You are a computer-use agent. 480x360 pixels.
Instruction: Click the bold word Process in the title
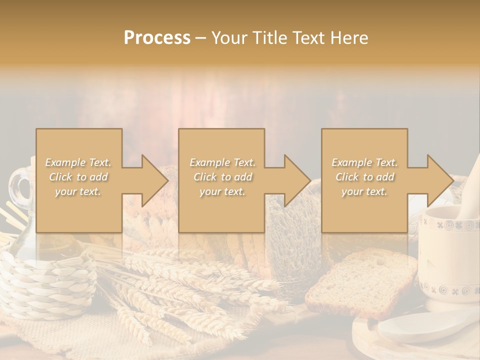click(x=157, y=38)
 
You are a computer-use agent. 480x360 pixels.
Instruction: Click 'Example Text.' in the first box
click(x=78, y=162)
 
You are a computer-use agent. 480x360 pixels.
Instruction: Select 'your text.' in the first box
click(x=78, y=191)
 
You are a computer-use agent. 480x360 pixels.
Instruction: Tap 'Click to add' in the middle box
click(x=222, y=177)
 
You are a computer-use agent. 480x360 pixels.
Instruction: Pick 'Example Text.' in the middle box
click(x=222, y=162)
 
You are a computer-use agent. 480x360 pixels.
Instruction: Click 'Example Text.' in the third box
click(x=364, y=162)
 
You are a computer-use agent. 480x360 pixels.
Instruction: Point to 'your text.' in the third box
click(x=364, y=191)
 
